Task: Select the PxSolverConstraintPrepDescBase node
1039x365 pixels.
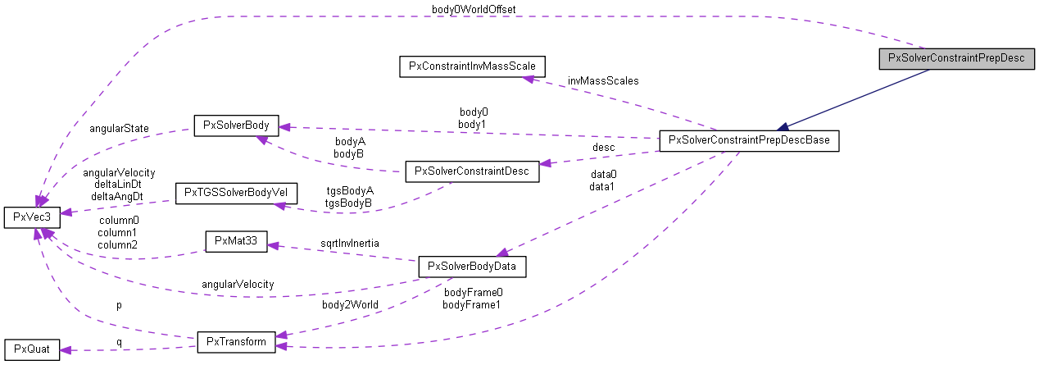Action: click(750, 140)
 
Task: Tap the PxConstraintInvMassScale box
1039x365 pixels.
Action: click(472, 66)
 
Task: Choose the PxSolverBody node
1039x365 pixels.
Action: click(236, 125)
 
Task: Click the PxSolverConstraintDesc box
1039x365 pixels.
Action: click(472, 171)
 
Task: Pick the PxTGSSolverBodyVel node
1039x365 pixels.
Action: click(236, 194)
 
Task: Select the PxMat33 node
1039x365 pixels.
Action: click(236, 241)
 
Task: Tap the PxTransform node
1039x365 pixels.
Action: click(236, 341)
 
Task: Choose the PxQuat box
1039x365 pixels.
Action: click(32, 349)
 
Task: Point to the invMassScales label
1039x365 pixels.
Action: click(602, 81)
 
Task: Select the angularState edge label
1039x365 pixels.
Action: click(119, 129)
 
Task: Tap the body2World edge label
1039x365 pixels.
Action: click(350, 304)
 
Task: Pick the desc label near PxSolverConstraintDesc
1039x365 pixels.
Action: click(603, 148)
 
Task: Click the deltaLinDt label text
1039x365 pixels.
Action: click(119, 185)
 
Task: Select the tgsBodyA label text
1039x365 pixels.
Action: click(348, 190)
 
